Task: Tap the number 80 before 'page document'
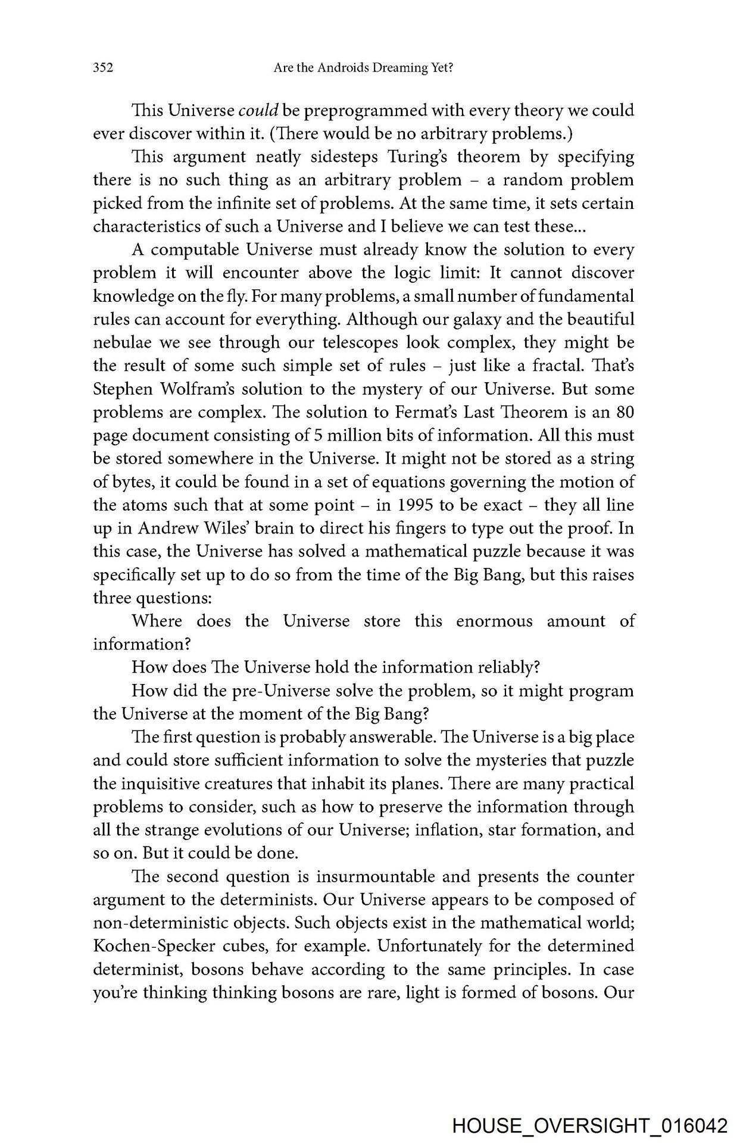coord(625,413)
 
